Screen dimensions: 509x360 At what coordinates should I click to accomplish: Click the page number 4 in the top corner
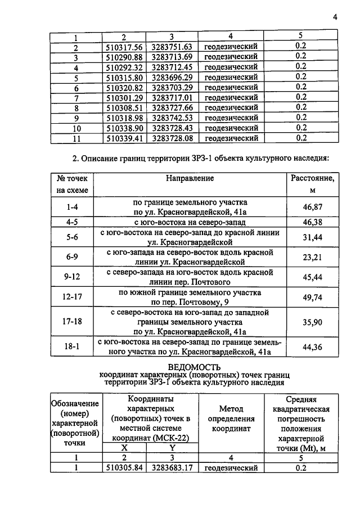click(x=335, y=16)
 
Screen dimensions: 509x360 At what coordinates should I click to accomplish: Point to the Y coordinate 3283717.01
click(x=172, y=97)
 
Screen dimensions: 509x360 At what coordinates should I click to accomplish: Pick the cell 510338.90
click(x=124, y=128)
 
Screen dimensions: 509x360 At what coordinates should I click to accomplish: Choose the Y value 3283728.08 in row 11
click(x=172, y=138)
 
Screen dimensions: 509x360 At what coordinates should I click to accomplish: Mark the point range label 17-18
click(x=72, y=322)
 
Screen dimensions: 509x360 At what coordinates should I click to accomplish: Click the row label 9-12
click(x=72, y=276)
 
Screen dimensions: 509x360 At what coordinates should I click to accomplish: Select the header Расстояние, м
click(x=312, y=184)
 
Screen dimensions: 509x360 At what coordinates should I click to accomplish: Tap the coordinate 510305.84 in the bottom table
click(x=124, y=468)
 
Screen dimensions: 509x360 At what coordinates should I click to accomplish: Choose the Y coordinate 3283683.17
click(x=172, y=468)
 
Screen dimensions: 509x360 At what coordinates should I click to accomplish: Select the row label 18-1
click(x=72, y=347)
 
